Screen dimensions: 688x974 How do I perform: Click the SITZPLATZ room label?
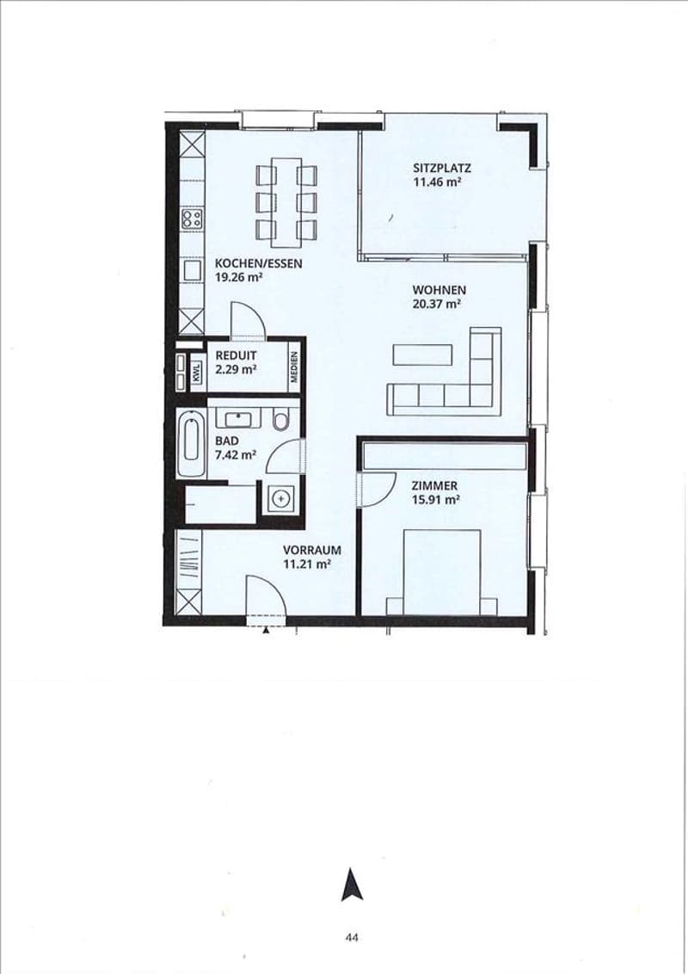pyautogui.click(x=441, y=168)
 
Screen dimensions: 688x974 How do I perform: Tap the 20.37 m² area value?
pyautogui.click(x=436, y=305)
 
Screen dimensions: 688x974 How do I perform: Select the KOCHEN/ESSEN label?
pyautogui.click(x=258, y=263)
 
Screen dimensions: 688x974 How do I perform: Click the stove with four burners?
pyautogui.click(x=192, y=218)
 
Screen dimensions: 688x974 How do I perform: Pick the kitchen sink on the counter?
pyautogui.click(x=192, y=270)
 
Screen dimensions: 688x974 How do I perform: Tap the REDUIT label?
pyautogui.click(x=236, y=356)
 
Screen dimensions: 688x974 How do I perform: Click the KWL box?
pyautogui.click(x=197, y=373)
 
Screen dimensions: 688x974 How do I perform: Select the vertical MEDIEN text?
pyautogui.click(x=294, y=367)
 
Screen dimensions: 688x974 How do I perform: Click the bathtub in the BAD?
pyautogui.click(x=191, y=443)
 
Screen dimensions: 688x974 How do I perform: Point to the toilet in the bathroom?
pyautogui.click(x=280, y=419)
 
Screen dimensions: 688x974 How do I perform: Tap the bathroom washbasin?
pyautogui.click(x=238, y=418)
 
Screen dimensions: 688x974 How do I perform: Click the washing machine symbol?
pyautogui.click(x=282, y=498)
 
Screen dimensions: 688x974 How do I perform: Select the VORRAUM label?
pyautogui.click(x=311, y=551)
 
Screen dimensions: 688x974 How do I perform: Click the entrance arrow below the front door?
pyautogui.click(x=267, y=631)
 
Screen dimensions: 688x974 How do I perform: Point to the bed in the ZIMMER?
pyautogui.click(x=441, y=572)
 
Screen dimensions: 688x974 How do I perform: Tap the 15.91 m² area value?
pyautogui.click(x=435, y=500)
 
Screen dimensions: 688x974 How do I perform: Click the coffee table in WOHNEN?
pyautogui.click(x=422, y=355)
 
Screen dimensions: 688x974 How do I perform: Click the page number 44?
pyautogui.click(x=352, y=937)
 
